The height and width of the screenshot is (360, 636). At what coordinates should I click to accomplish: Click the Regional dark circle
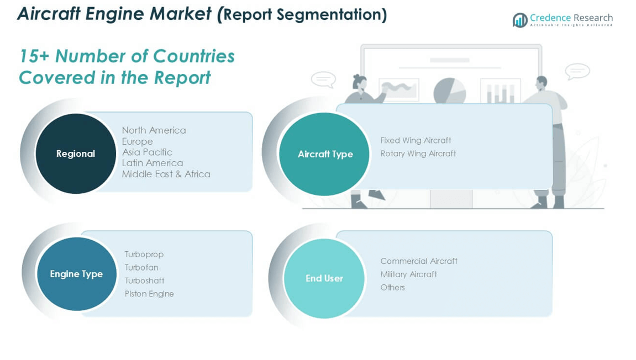[76, 153]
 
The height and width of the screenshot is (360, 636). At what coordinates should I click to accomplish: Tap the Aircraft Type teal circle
[325, 154]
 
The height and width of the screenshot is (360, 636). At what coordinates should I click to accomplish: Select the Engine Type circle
[76, 274]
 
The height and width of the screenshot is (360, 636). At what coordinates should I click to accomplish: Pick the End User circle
[324, 278]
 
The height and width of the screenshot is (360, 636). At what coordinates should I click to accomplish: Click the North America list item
[154, 130]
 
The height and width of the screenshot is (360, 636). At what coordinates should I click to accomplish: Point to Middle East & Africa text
[166, 174]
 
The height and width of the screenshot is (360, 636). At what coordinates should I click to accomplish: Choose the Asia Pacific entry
[147, 152]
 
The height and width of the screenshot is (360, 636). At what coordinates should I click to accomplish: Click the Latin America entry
[152, 163]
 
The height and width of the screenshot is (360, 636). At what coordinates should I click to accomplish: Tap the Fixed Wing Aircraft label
[416, 140]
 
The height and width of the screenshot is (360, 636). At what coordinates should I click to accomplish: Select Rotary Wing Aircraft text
[418, 153]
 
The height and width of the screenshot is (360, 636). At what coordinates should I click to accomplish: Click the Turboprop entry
[144, 255]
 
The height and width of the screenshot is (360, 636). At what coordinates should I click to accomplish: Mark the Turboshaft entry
[144, 280]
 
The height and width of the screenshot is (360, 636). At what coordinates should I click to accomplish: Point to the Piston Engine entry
[149, 294]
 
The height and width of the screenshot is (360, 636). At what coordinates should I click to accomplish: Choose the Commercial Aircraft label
[419, 261]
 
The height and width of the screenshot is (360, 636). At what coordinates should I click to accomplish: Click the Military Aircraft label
[408, 274]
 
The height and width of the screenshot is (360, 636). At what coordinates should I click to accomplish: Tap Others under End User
[392, 288]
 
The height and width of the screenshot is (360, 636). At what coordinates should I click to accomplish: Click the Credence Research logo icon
[519, 20]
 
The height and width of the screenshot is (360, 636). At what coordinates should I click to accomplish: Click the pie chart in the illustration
[449, 91]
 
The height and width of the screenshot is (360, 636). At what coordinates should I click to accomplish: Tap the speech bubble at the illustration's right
[577, 71]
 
